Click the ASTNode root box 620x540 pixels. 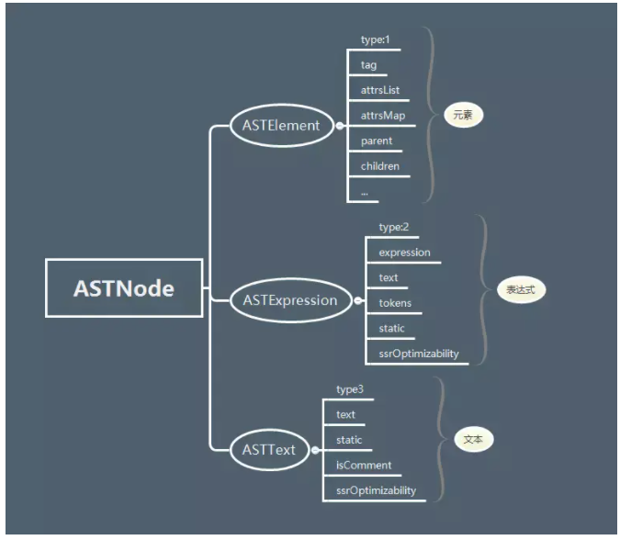[124, 288]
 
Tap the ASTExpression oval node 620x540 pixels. [289, 299]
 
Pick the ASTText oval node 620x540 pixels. [269, 449]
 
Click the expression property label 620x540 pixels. [405, 252]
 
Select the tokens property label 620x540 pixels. [396, 302]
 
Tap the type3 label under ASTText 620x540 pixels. [350, 389]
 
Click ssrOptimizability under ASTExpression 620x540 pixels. [419, 353]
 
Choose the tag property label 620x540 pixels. [368, 65]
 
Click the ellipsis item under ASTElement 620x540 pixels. [365, 191]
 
